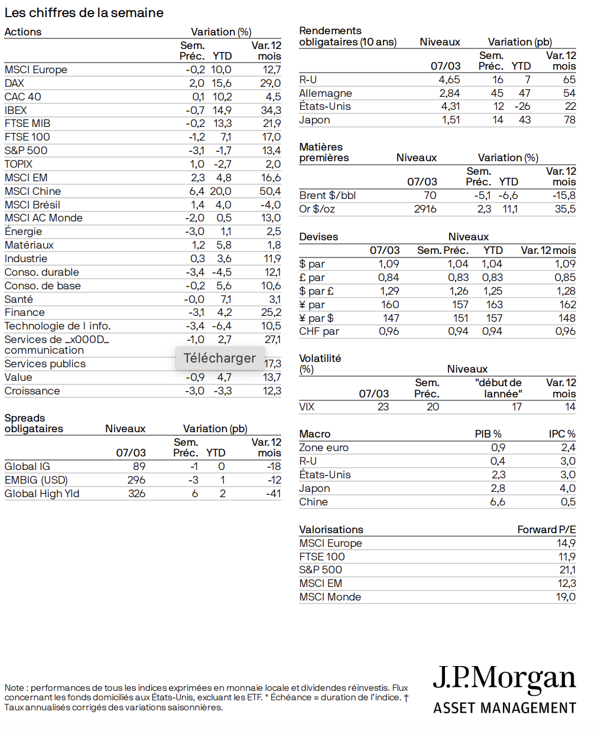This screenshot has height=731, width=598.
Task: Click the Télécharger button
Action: (x=219, y=358)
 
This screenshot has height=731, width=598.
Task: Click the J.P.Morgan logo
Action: (x=504, y=678)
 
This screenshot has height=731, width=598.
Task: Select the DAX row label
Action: (x=14, y=83)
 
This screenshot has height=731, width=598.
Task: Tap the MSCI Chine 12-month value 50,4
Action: (x=270, y=191)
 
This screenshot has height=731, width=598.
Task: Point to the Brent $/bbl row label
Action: (x=327, y=195)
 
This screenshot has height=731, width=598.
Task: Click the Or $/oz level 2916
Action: (x=425, y=209)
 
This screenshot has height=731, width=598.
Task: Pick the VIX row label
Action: (x=307, y=407)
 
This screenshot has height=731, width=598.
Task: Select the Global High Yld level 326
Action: (x=136, y=494)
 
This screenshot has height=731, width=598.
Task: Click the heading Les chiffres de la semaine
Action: (x=84, y=13)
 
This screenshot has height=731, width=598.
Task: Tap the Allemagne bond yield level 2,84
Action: (x=449, y=93)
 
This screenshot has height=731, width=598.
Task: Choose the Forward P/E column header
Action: (x=546, y=530)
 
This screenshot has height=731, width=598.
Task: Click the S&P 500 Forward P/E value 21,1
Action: (x=567, y=570)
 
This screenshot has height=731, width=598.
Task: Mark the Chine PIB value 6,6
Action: (x=498, y=502)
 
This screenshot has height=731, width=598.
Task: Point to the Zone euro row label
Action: (x=324, y=448)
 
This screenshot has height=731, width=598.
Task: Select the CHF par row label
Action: (x=319, y=331)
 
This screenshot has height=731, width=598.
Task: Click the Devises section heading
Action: (x=318, y=237)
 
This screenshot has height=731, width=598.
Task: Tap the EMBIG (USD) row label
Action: (x=36, y=480)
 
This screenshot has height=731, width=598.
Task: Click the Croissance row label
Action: (x=32, y=391)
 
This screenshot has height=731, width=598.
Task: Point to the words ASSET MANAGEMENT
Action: (x=505, y=708)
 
